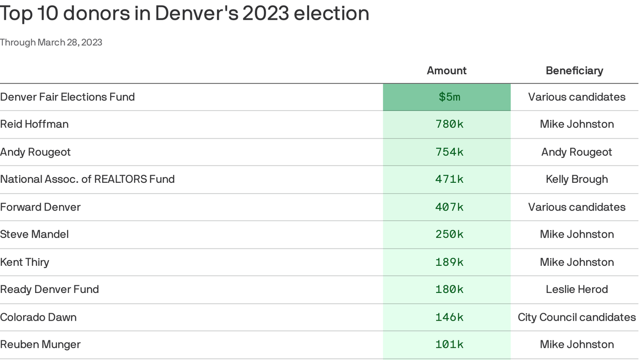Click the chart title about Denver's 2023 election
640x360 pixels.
(184, 13)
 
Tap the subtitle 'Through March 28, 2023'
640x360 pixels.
(51, 42)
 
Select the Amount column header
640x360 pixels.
(447, 70)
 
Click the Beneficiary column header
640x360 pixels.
(574, 70)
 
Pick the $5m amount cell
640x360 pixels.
(449, 97)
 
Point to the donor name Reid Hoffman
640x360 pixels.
(34, 124)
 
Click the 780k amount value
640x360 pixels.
(449, 124)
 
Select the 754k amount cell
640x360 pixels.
(449, 152)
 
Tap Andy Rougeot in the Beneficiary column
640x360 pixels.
(576, 152)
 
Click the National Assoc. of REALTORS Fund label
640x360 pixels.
(87, 179)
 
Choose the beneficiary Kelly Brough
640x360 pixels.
(576, 179)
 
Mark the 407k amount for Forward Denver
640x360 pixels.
(449, 207)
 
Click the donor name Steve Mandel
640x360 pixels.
(34, 234)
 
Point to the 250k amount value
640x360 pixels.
(449, 234)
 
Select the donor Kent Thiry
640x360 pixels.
(24, 262)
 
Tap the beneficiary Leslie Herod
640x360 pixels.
(576, 289)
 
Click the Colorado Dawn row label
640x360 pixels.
(38, 317)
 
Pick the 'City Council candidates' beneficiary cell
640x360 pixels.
(576, 317)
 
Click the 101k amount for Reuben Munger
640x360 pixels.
(449, 345)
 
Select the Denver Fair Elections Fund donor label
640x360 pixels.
(67, 97)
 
